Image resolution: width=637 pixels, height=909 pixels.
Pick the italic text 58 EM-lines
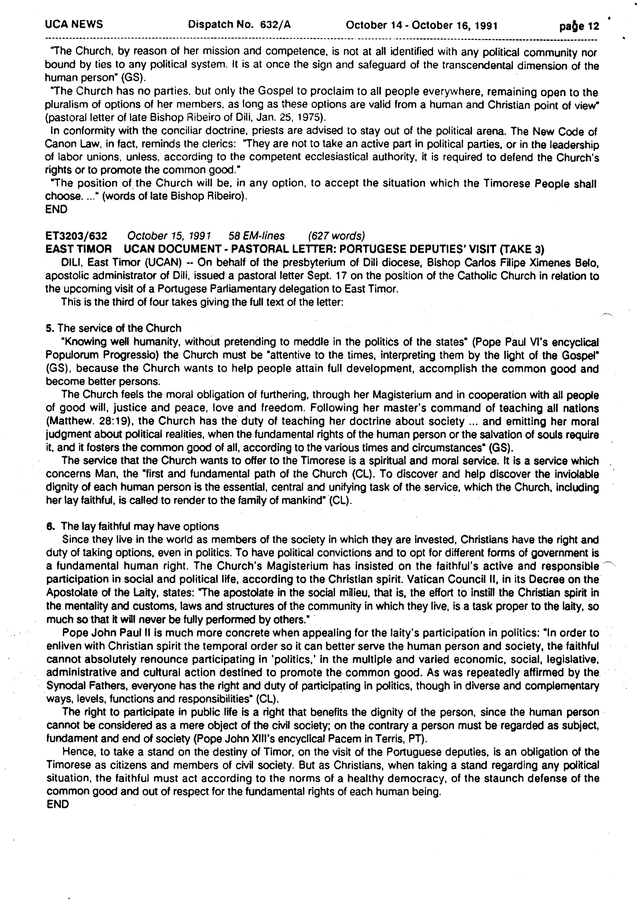pyautogui.click(x=256, y=236)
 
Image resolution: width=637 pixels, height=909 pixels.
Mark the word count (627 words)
pyautogui.click(x=336, y=236)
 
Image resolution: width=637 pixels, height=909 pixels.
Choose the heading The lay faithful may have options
pyautogui.click(x=140, y=526)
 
